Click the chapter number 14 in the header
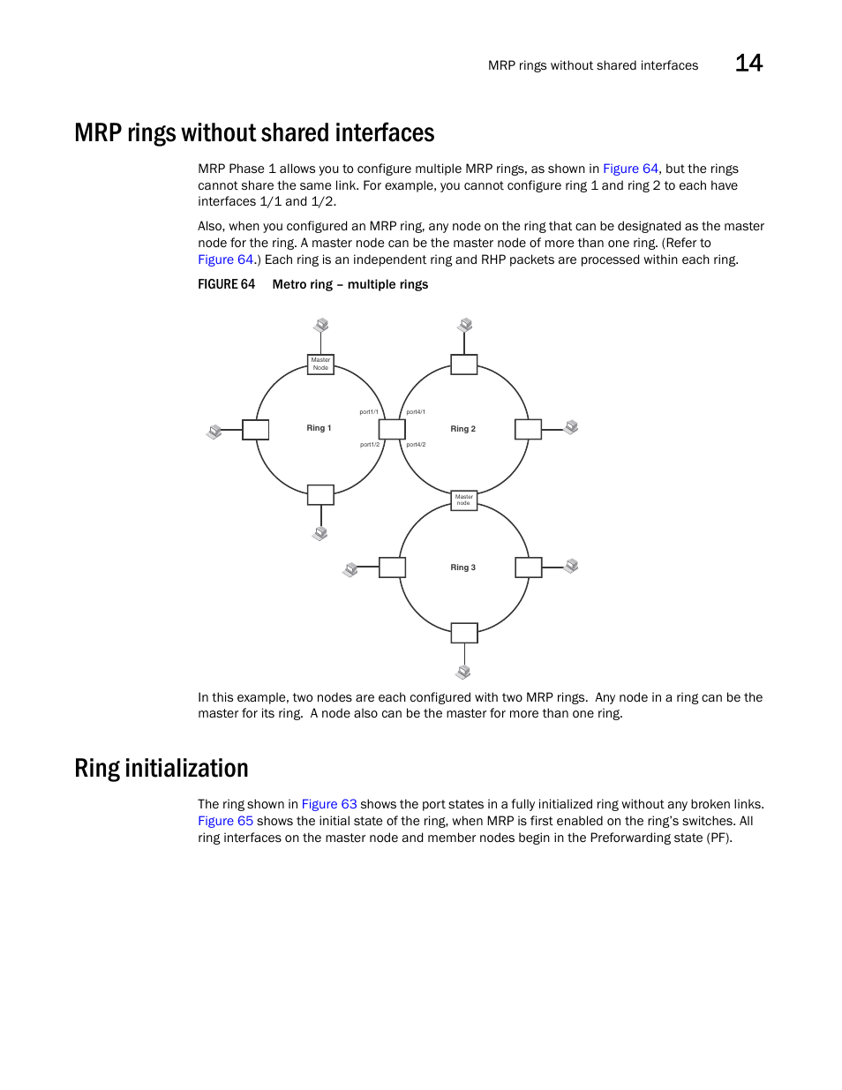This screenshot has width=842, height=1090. point(748,64)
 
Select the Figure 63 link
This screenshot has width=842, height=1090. point(329,804)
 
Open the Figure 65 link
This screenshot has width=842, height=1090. point(225,821)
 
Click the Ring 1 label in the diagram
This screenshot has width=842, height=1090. point(319,428)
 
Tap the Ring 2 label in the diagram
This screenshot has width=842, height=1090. point(462,429)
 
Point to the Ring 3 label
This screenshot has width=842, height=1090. point(462,568)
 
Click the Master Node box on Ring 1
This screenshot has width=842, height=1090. point(320,364)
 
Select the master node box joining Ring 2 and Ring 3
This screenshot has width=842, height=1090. point(464,500)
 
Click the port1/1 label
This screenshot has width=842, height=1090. point(369,412)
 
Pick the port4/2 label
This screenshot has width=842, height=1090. point(416,445)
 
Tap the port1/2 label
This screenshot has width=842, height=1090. point(370,445)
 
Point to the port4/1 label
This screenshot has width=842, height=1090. point(416,412)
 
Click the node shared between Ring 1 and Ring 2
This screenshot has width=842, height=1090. point(392,429)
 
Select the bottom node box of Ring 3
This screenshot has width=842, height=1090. point(464,633)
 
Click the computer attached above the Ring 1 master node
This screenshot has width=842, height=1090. point(321,326)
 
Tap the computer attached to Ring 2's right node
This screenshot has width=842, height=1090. point(571,427)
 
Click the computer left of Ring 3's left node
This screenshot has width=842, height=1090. point(350,569)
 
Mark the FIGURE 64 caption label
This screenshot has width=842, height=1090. point(226,284)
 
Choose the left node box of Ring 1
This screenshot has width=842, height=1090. point(256,430)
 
